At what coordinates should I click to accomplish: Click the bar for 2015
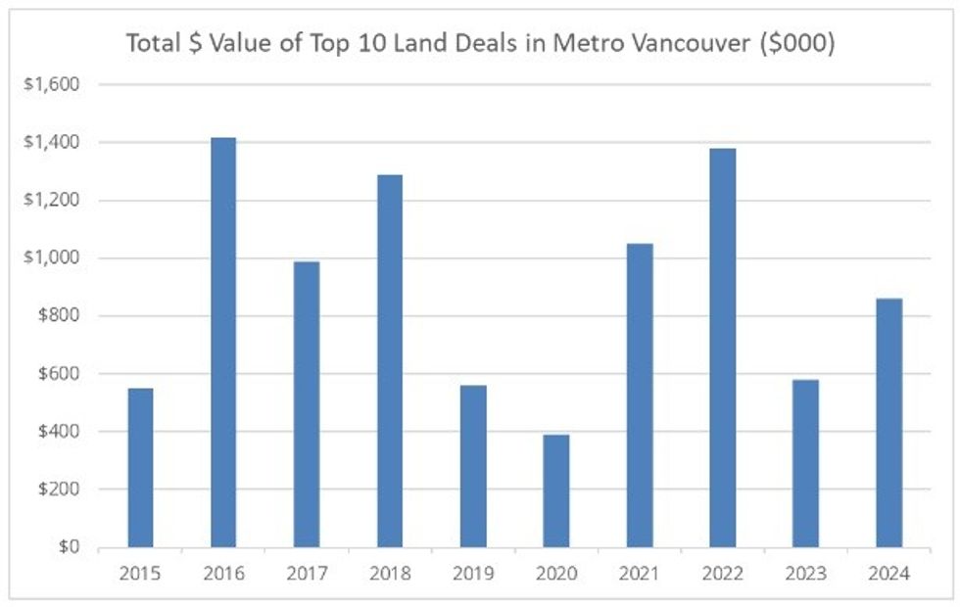[x=140, y=468]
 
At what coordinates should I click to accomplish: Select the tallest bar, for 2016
[x=223, y=343]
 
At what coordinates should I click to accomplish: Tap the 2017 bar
[x=307, y=404]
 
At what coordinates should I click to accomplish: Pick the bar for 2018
[x=390, y=361]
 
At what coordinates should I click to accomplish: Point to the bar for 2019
[x=473, y=466]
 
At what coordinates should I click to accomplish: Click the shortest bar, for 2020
[x=556, y=490]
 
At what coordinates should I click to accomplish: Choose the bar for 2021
[x=640, y=396]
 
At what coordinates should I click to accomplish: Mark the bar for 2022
[x=723, y=348]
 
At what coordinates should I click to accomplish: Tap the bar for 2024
[x=889, y=423]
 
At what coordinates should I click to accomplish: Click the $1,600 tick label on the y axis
[x=53, y=85]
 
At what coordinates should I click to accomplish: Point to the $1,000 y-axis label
[x=53, y=258]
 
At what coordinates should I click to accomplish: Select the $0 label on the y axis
[x=66, y=547]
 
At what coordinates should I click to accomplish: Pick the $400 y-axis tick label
[x=59, y=432]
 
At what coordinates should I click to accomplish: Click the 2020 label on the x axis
[x=556, y=575]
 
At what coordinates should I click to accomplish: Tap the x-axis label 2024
[x=889, y=575]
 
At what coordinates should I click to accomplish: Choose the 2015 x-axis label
[x=140, y=575]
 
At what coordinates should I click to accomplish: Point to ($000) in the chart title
[x=799, y=44]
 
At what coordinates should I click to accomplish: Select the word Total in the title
[x=150, y=44]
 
